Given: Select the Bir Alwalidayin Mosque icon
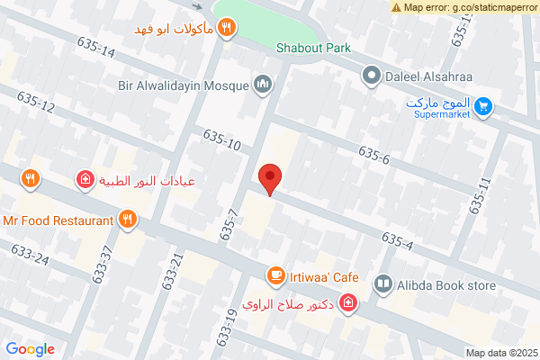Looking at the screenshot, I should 264,85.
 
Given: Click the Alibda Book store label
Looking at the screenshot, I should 448,286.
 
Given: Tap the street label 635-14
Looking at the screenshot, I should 96,48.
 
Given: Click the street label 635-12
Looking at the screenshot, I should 36,107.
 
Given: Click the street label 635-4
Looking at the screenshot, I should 397,240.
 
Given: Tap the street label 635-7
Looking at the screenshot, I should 228,225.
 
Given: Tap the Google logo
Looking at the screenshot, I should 30,349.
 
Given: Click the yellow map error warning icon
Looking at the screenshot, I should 397,7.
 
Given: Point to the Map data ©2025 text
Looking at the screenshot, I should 500,353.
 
